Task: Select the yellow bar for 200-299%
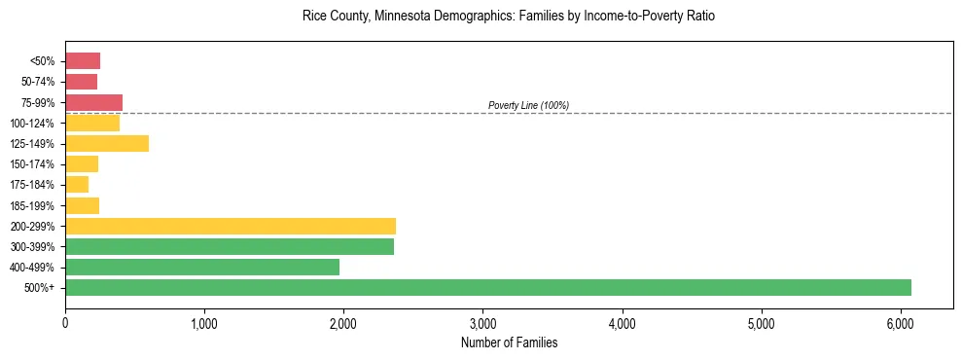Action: [231, 226]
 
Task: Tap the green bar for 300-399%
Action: [230, 246]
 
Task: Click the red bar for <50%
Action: [83, 61]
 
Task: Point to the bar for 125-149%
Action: [107, 143]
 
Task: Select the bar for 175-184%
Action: [77, 184]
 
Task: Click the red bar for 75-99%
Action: [93, 102]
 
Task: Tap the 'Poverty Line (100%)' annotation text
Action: [528, 105]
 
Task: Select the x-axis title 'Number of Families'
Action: [509, 342]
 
